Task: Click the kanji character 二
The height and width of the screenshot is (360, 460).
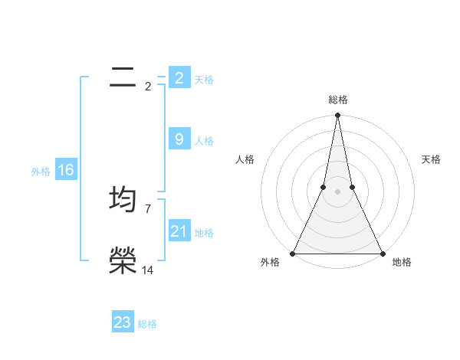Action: click(123, 78)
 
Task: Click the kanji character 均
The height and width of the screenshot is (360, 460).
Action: click(123, 199)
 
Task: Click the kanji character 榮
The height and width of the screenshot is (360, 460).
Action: click(123, 260)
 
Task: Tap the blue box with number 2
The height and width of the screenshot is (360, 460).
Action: click(179, 78)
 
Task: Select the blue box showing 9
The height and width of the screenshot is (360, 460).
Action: click(179, 139)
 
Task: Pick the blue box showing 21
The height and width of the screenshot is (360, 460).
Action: click(179, 231)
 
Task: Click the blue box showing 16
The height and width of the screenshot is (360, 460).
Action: click(66, 170)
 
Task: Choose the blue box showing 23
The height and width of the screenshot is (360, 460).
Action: click(123, 322)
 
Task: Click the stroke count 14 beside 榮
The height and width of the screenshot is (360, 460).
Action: click(148, 270)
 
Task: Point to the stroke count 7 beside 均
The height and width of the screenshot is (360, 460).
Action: click(148, 208)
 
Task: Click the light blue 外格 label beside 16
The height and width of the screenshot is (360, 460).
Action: click(41, 172)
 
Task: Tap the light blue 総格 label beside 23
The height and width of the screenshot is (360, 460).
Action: click(147, 324)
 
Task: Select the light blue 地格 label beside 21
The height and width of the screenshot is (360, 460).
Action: click(204, 233)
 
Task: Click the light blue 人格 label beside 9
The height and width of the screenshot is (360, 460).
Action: click(204, 141)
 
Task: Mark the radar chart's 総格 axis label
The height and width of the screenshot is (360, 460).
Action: click(338, 100)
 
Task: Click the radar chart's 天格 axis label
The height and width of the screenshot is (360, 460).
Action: click(432, 159)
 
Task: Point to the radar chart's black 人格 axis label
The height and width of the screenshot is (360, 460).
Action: click(245, 159)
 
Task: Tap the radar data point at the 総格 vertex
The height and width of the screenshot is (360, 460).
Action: click(337, 116)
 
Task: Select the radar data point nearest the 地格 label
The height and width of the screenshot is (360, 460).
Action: click(382, 254)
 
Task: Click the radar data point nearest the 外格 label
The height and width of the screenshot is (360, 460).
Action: click(294, 254)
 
